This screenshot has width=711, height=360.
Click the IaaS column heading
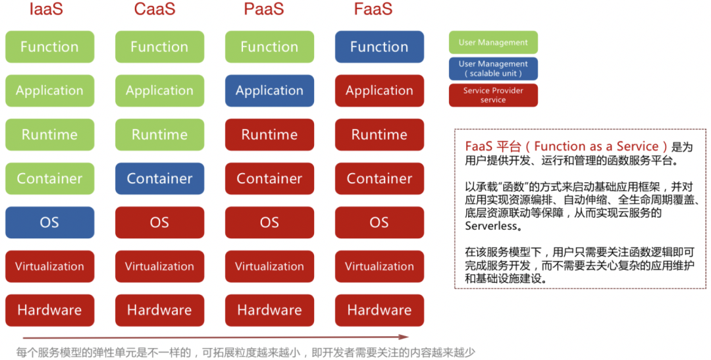(x=46, y=9)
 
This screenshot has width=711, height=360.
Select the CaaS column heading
(x=155, y=9)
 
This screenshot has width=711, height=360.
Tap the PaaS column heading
(x=264, y=9)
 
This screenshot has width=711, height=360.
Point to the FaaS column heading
(x=373, y=9)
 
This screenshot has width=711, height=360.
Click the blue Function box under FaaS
(x=379, y=47)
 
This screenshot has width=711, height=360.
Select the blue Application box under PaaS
(x=269, y=91)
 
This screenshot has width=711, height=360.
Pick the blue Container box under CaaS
(x=159, y=178)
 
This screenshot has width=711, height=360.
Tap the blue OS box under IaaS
(x=49, y=222)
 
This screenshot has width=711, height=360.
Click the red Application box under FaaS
(x=379, y=91)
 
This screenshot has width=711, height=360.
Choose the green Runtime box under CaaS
(x=159, y=135)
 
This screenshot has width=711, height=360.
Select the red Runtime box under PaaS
(x=269, y=135)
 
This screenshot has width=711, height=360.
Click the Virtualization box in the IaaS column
(x=49, y=267)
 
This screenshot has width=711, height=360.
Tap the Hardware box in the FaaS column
(x=379, y=310)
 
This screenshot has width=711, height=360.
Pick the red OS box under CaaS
(x=159, y=222)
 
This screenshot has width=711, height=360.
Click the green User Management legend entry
(x=493, y=43)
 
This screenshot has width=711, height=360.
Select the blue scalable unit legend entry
(x=493, y=68)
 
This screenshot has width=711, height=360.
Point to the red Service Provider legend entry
(x=493, y=95)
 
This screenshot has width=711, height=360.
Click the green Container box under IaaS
(x=49, y=178)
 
